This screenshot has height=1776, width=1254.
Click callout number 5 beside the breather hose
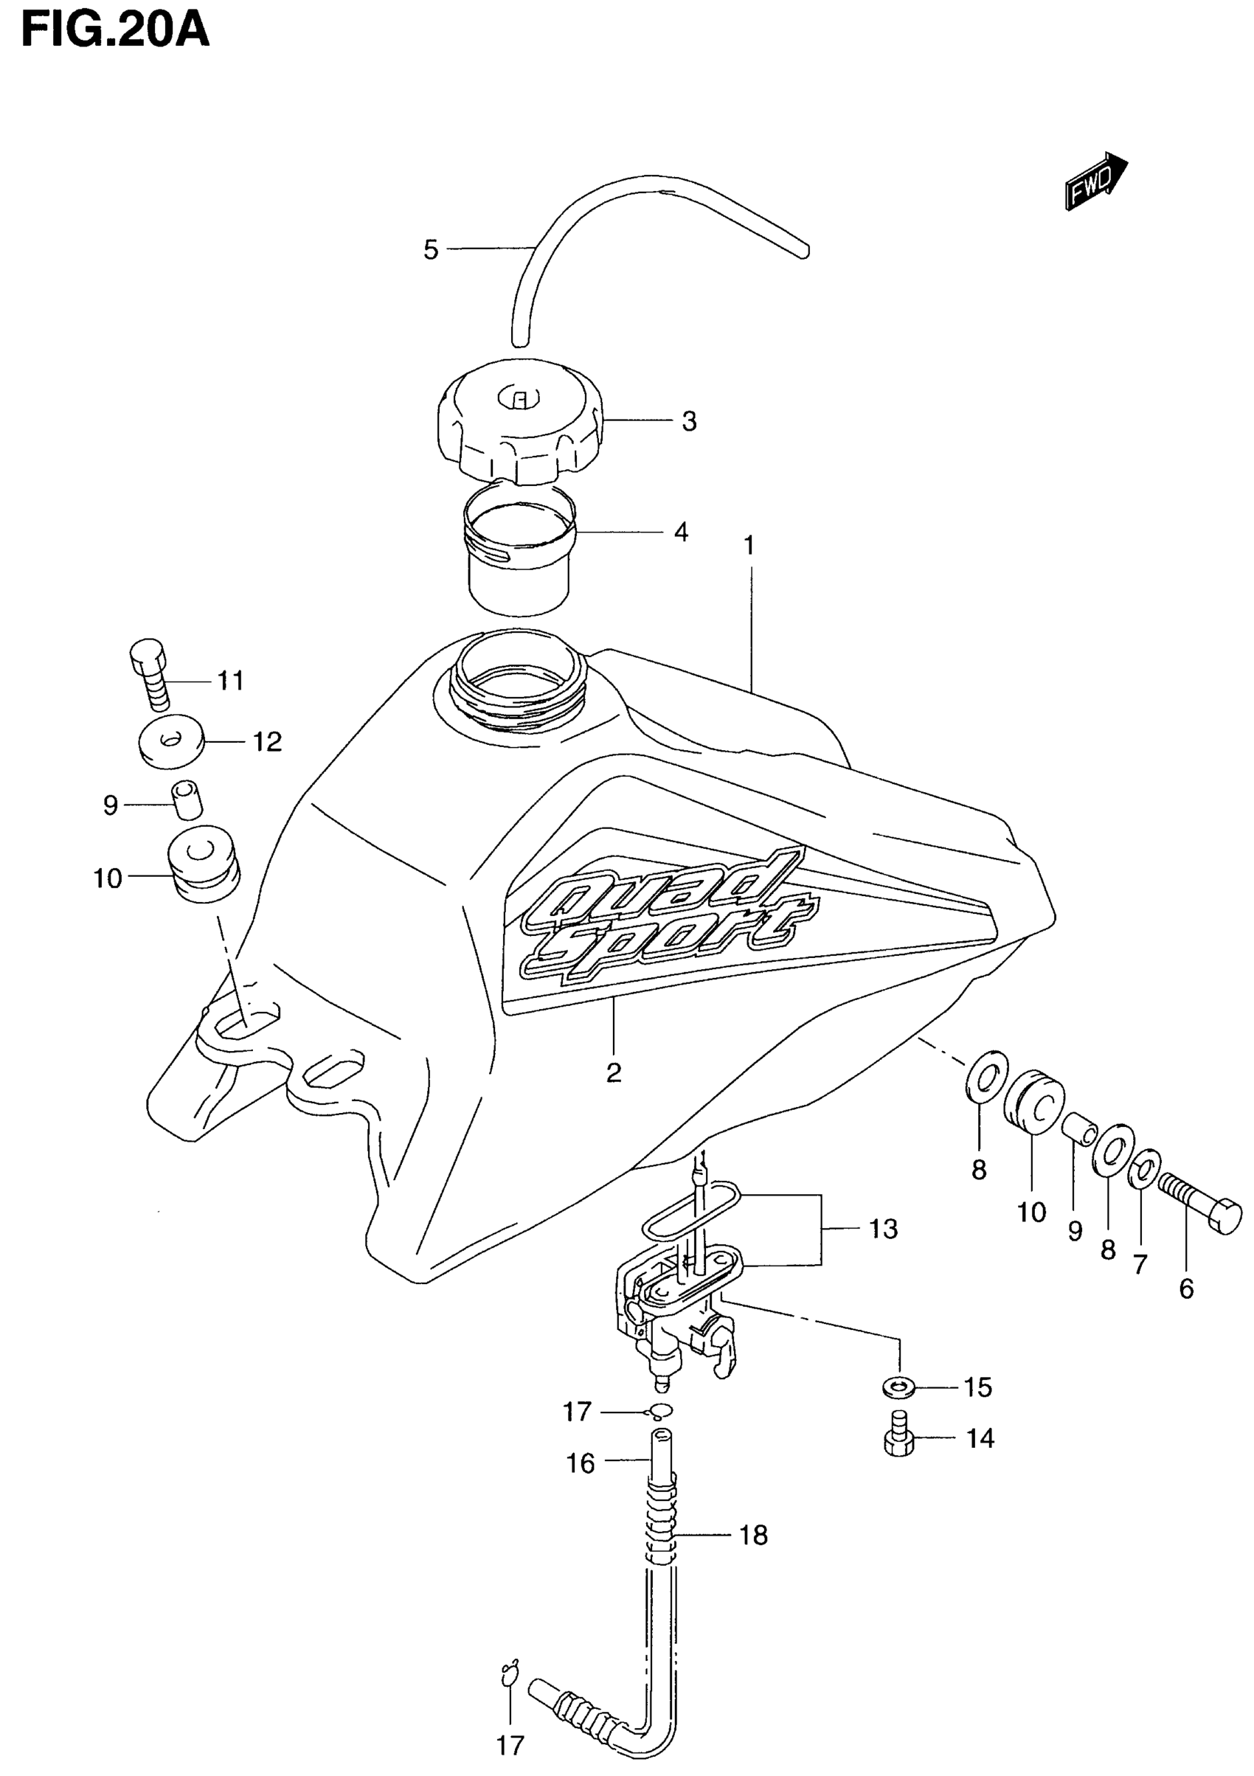click(x=431, y=250)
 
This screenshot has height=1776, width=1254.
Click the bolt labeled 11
click(x=151, y=675)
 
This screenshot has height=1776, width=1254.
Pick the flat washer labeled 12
click(x=172, y=741)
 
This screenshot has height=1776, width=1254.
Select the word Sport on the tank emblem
click(x=665, y=946)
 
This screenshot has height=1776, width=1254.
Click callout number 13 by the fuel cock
click(x=884, y=1228)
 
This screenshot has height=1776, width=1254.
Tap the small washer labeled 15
click(x=898, y=1388)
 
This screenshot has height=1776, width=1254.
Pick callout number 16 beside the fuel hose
click(x=581, y=1463)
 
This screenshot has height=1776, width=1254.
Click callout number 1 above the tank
click(x=748, y=546)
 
